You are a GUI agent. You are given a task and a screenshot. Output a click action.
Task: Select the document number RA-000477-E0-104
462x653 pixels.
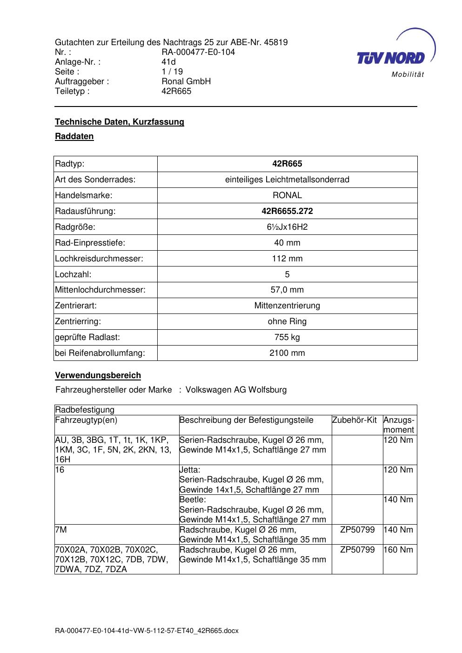coord(198,52)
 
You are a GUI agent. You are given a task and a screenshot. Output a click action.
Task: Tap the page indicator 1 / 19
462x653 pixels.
coord(172,72)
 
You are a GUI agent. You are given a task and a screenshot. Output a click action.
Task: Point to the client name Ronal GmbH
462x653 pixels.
coord(186,81)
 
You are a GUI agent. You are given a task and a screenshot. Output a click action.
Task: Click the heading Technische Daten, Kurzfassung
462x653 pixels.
coord(119,122)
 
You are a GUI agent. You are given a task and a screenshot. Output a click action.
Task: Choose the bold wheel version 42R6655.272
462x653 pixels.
coord(287,211)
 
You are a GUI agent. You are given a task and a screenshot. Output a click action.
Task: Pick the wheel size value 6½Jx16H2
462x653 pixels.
coord(287,227)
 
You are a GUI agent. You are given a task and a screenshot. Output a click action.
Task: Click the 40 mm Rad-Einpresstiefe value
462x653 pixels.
coord(287,243)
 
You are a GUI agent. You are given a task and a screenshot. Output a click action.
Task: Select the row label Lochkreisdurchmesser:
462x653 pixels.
coord(99,259)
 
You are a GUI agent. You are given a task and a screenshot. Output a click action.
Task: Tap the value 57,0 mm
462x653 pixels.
coord(287,290)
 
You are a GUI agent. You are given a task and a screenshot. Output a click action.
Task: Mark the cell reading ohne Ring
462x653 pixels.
coord(287,321)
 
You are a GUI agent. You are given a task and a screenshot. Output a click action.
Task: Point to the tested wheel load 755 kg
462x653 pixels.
coord(287,337)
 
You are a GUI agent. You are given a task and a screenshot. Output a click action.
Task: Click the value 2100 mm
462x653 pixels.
coord(287,353)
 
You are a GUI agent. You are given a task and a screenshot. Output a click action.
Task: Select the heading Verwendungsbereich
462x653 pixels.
coord(98,375)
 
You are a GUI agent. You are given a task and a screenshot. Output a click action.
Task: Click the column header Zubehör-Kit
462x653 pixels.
coord(354,420)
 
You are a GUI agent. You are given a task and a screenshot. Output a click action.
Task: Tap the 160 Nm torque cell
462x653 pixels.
coord(398,550)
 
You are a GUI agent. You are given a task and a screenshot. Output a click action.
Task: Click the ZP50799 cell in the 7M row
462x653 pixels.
coord(357,530)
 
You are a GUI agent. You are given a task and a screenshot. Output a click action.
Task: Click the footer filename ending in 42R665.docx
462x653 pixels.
coord(147,631)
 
